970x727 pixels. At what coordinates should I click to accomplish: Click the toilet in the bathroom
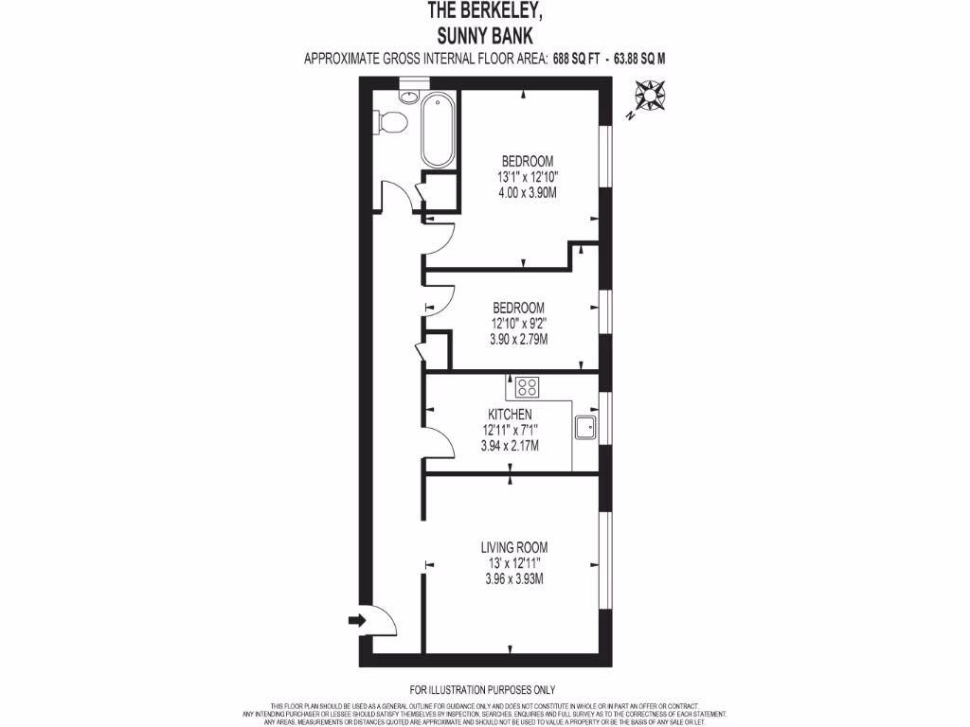point(388,121)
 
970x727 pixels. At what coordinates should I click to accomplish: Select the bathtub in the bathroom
point(438,131)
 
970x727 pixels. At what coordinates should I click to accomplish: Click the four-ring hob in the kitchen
point(528,386)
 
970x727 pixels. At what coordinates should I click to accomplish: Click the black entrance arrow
point(357,620)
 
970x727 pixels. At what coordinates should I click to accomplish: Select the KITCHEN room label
point(510,415)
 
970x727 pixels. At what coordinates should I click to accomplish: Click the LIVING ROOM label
point(513,547)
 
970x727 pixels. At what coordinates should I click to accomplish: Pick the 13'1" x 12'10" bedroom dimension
point(527,176)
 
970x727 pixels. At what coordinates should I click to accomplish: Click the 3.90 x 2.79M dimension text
point(517,339)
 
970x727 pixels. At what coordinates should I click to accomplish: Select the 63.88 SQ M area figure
point(639,59)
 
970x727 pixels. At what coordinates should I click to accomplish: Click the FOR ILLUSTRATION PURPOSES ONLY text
point(482,689)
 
